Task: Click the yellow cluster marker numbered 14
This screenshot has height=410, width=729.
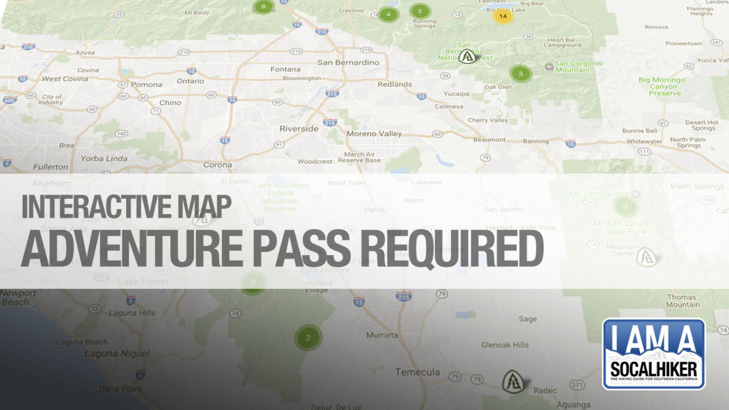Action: coord(502,16)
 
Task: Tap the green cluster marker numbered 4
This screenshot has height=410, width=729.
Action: coord(388,14)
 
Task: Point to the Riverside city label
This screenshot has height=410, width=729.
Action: coord(299,129)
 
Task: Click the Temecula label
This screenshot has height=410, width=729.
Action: coord(417,372)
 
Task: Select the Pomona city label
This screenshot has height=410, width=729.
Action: coord(146,84)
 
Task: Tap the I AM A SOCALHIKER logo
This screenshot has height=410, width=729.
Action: coord(653,354)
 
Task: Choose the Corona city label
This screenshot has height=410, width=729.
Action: coord(218,165)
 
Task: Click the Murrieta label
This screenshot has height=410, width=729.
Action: coord(382,335)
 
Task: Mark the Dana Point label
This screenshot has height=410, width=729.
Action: coord(121,388)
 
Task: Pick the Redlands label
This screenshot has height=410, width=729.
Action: coord(395,84)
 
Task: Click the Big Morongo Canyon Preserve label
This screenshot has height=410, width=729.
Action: coord(661,87)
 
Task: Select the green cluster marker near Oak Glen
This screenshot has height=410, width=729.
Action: coord(520,73)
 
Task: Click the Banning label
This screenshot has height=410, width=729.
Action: coord(535,141)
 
